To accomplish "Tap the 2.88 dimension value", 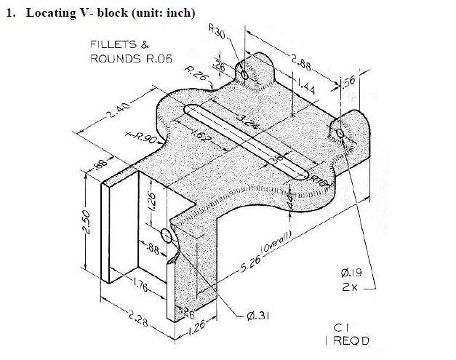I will click(x=300, y=63).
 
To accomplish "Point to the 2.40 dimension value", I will click(x=116, y=111).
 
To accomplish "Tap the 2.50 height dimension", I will click(x=87, y=223).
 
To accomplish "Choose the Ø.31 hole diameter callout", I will click(x=257, y=315).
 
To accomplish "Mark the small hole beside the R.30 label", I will click(x=244, y=75).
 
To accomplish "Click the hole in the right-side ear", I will click(x=341, y=132).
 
